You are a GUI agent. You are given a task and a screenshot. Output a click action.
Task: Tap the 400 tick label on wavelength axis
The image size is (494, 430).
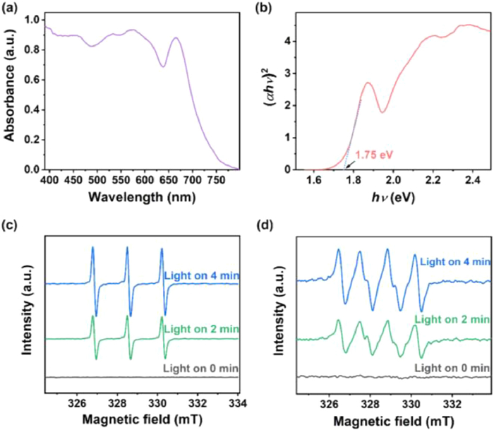click(x=49, y=181)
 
